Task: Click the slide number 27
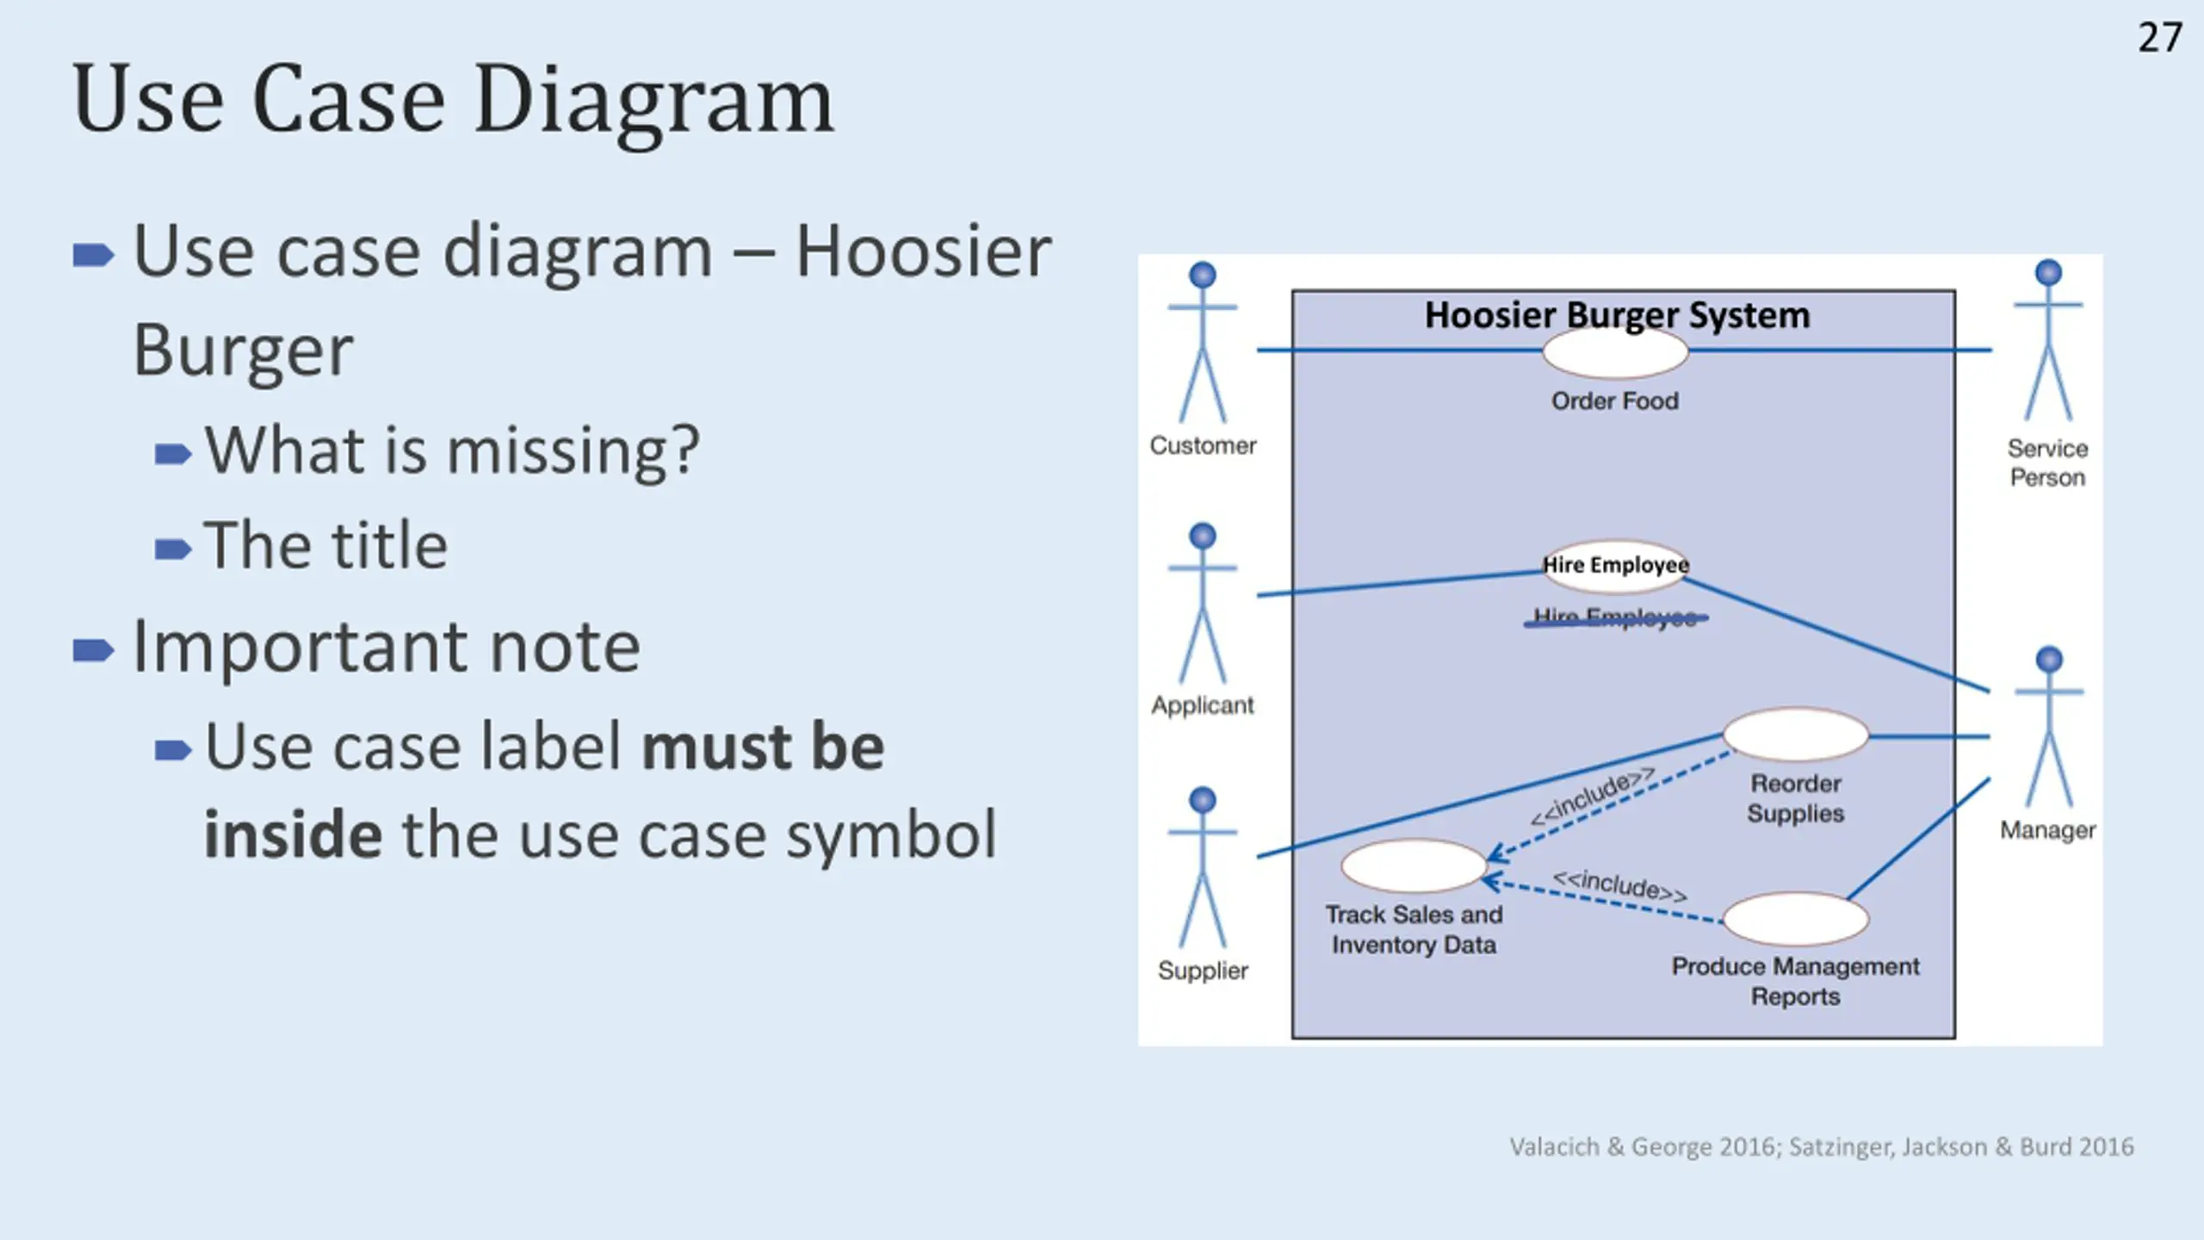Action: point(2159,38)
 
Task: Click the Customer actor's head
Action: point(1202,276)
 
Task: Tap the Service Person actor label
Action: point(2047,462)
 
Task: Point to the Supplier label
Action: point(1203,970)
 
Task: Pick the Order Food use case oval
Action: point(1615,354)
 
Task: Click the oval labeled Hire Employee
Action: point(1615,566)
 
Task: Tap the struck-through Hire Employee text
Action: point(1615,617)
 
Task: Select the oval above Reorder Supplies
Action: point(1796,735)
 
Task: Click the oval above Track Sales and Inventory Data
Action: point(1414,865)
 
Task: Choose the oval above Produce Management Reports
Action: point(1796,919)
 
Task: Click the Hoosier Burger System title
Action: point(1617,315)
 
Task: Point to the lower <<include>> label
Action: point(1619,885)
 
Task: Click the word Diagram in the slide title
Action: point(654,102)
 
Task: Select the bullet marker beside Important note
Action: point(93,650)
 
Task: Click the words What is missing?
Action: point(452,450)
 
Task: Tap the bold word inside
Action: point(293,834)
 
